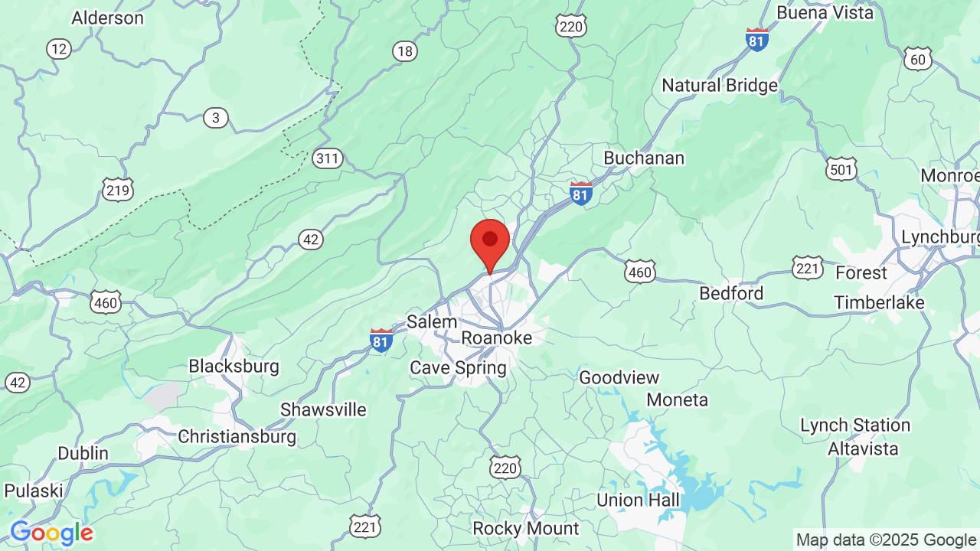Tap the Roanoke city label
point(496,337)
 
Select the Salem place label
point(432,321)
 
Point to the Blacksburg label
point(234,366)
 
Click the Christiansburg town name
point(237,436)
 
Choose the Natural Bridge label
point(720,85)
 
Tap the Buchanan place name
point(644,158)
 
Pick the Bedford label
point(731,293)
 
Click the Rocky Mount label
point(526,528)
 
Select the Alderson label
point(107,18)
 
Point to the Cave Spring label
point(458,367)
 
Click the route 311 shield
point(328,159)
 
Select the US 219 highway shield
point(118,190)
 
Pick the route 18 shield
point(405,51)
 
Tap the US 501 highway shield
point(841,169)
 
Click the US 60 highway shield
point(917,58)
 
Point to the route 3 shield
point(216,118)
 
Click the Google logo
point(51,533)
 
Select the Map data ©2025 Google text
point(886,540)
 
